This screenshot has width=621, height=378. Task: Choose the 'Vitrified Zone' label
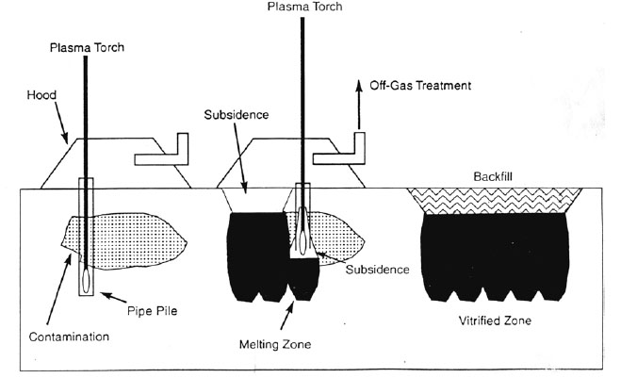[493, 320]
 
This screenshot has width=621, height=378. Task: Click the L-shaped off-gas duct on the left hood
[166, 151]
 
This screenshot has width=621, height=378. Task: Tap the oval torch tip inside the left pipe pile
[88, 279]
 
